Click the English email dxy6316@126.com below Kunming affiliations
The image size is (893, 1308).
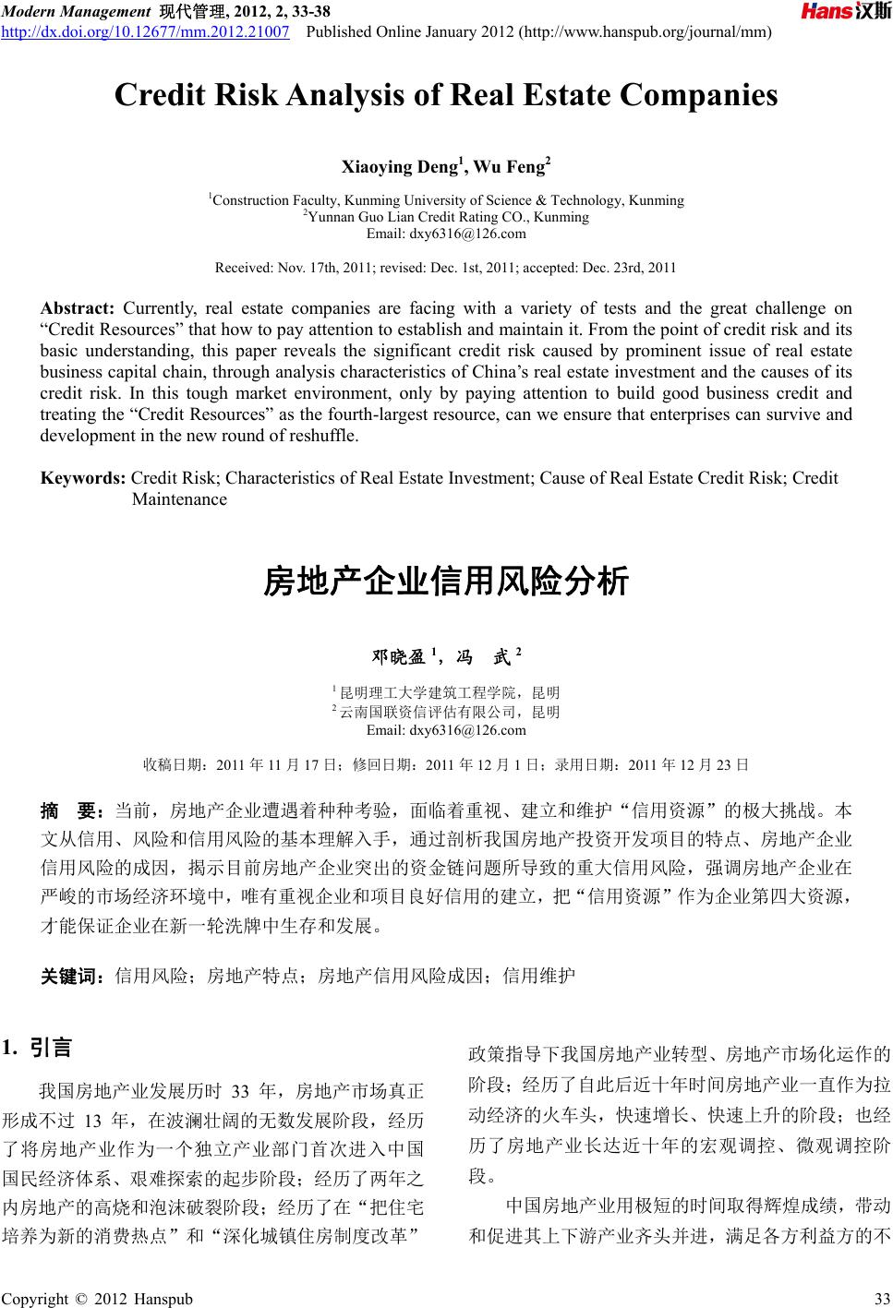click(446, 234)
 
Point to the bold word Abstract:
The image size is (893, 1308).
click(77, 308)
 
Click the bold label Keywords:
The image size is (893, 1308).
click(84, 478)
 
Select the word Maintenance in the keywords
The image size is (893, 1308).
click(179, 499)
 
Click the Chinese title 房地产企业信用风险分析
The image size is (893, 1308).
click(446, 582)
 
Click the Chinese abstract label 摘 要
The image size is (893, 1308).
click(71, 812)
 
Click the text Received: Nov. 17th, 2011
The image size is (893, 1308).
click(286, 268)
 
